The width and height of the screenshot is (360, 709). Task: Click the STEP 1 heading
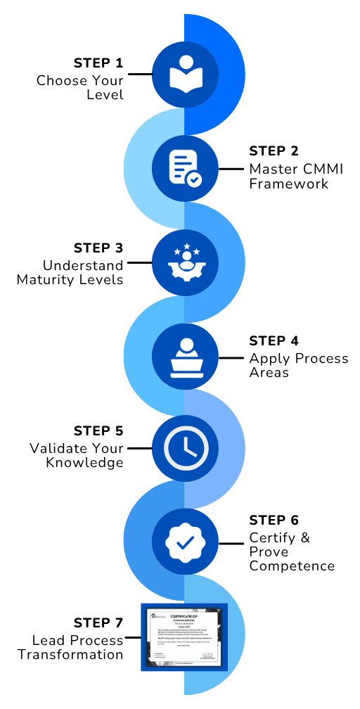point(98,63)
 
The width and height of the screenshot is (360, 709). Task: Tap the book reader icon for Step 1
point(184,73)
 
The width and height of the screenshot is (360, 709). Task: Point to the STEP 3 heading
point(98,248)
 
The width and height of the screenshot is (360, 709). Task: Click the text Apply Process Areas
point(298,365)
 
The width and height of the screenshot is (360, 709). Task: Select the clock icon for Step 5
point(184,447)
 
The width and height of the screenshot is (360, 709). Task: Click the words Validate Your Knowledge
point(77,455)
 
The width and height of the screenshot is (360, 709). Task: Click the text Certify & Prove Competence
point(291,551)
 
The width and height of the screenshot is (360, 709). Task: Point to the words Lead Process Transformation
point(70,647)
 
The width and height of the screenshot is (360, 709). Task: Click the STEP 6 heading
point(274,520)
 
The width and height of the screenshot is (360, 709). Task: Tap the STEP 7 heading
point(98,622)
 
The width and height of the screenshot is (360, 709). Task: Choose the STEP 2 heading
point(274,151)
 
